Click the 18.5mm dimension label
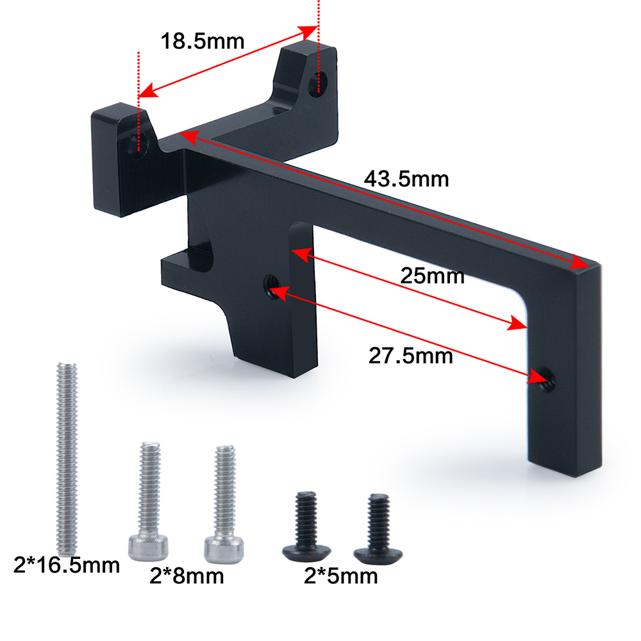click(203, 41)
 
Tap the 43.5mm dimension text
click(406, 179)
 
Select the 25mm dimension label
click(432, 276)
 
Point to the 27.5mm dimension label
click(410, 356)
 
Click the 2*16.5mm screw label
click(67, 565)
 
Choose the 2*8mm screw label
click(187, 576)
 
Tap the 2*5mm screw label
click(340, 576)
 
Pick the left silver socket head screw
click(149, 501)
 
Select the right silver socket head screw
click(224, 504)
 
